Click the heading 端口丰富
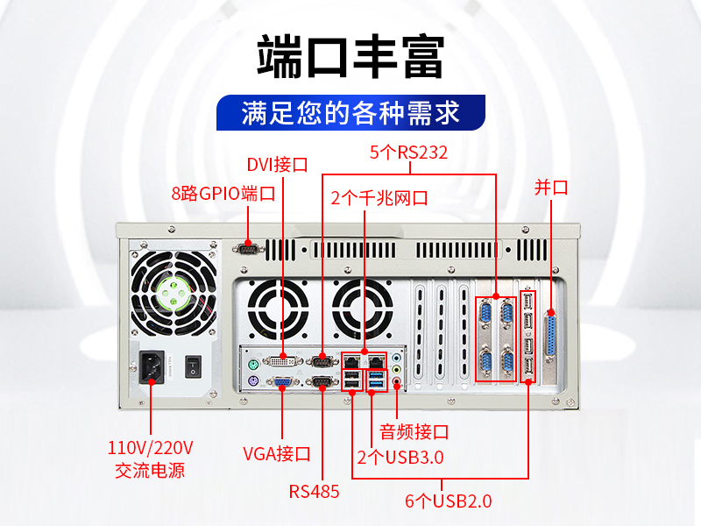pyautogui.click(x=350, y=57)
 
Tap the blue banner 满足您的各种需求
pyautogui.click(x=350, y=113)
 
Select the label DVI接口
pyautogui.click(x=277, y=165)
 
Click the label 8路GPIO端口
pyautogui.click(x=223, y=194)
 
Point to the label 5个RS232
pyautogui.click(x=408, y=153)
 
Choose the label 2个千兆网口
pyautogui.click(x=379, y=198)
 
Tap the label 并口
pyautogui.click(x=551, y=188)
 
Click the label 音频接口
pyautogui.click(x=414, y=432)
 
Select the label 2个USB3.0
pyautogui.click(x=400, y=458)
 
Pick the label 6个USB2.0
pyautogui.click(x=449, y=501)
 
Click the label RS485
pyautogui.click(x=314, y=492)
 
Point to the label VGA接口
pyautogui.click(x=277, y=454)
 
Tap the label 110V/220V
pyautogui.click(x=150, y=448)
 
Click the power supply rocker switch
pyautogui.click(x=193, y=366)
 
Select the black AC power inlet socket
pyautogui.click(x=152, y=367)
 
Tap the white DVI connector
pyautogui.click(x=283, y=360)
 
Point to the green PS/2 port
pyautogui.click(x=252, y=365)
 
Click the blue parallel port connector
pyautogui.click(x=551, y=333)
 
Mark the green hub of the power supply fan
pyautogui.click(x=173, y=294)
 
